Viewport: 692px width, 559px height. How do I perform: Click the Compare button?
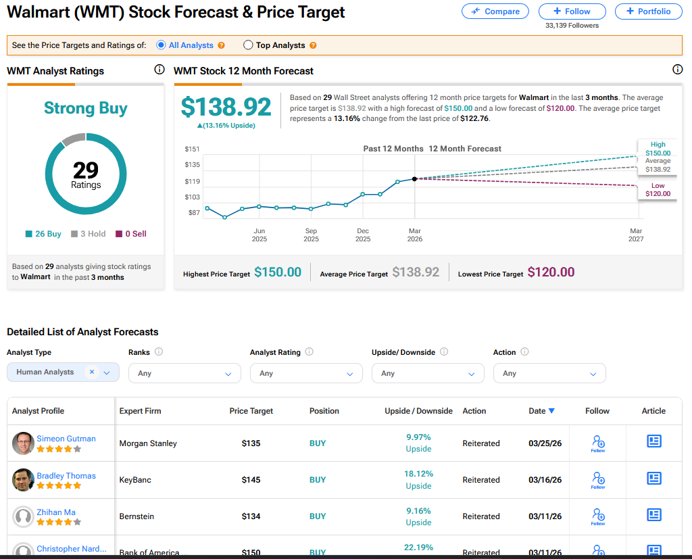click(x=495, y=11)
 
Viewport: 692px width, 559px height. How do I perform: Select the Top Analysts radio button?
click(x=248, y=45)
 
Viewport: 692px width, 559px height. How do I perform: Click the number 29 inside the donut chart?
click(x=86, y=170)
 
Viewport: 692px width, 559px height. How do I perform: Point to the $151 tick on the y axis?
click(x=193, y=149)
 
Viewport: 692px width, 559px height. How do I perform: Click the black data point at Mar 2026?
click(x=414, y=178)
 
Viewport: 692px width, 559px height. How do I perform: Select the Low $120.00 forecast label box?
click(x=658, y=190)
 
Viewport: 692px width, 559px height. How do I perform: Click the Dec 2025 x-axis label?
click(x=363, y=235)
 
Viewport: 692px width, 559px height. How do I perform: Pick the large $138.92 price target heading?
click(x=226, y=107)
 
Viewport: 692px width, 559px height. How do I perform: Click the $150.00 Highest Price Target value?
click(x=278, y=272)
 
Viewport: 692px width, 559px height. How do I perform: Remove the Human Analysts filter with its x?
click(x=92, y=372)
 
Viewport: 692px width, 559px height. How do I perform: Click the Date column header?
click(x=541, y=411)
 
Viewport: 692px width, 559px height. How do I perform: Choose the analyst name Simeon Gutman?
click(x=66, y=439)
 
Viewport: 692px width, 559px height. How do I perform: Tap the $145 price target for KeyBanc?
click(x=251, y=480)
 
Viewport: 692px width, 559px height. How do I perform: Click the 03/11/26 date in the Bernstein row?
click(x=545, y=516)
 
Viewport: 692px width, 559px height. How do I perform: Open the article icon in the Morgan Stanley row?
click(x=653, y=441)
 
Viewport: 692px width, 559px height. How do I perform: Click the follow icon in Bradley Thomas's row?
click(x=597, y=479)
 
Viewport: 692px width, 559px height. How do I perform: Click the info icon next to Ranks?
click(x=159, y=352)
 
